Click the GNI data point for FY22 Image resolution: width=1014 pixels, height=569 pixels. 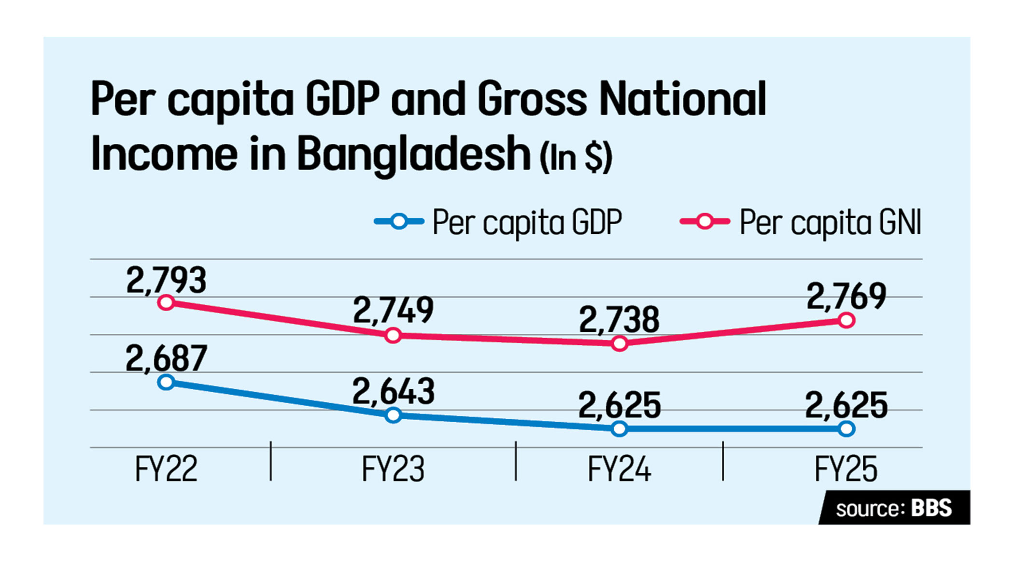point(166,303)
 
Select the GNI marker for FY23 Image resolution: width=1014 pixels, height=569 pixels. point(393,335)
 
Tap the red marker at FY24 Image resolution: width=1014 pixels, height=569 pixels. point(620,343)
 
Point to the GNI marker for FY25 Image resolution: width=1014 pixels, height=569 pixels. point(846,320)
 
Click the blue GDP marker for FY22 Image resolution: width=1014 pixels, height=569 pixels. point(166,383)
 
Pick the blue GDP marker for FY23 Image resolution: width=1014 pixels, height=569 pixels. point(393,415)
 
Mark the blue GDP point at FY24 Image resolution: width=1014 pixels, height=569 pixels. point(620,428)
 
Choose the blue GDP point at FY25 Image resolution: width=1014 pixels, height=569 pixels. point(846,428)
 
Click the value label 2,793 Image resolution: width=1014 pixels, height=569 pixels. point(166,280)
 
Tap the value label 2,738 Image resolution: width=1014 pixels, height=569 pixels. point(619,320)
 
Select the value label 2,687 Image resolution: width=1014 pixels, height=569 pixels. point(166,359)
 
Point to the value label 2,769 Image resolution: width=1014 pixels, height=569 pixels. point(846,296)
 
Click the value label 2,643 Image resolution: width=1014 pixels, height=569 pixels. point(393,391)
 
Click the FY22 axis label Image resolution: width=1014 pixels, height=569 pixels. point(166,469)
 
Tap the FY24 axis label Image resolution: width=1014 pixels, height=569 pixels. point(619,469)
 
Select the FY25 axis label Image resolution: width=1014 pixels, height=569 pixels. point(846,469)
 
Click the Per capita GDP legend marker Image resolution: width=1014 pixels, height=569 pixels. point(399,222)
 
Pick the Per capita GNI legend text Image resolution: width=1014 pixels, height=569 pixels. point(831,223)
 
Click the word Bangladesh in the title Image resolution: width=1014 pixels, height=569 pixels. point(414,154)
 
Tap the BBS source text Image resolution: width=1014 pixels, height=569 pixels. point(931,508)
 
